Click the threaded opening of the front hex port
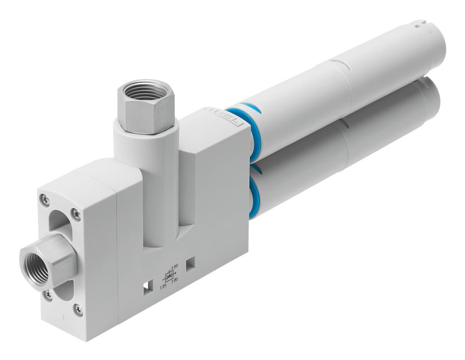[x=35, y=267]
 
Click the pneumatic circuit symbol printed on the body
[x=168, y=277]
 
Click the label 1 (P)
[x=163, y=287]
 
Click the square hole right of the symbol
[x=190, y=264]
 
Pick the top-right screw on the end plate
[x=77, y=214]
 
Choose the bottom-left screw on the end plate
[x=48, y=294]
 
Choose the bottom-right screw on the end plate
[x=77, y=310]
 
